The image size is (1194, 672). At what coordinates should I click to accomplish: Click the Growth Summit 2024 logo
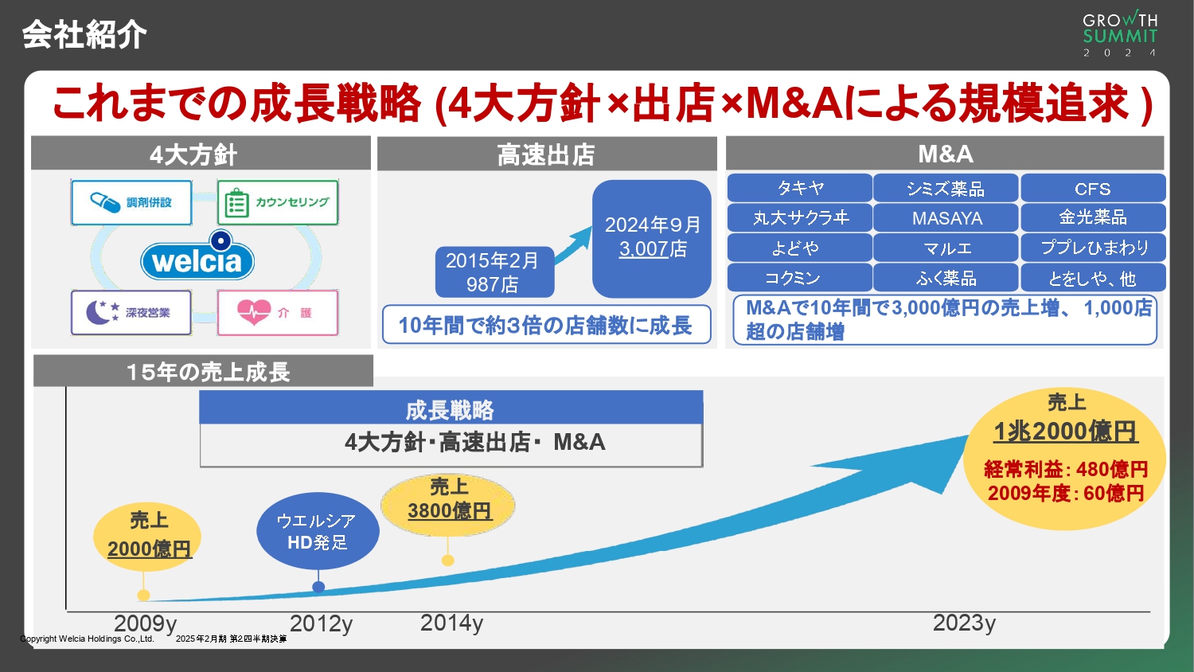point(1120,33)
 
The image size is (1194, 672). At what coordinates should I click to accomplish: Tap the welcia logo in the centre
point(197,260)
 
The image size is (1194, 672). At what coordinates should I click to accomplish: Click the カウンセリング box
point(278,202)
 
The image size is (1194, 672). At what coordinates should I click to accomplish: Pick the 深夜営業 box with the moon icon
point(131,312)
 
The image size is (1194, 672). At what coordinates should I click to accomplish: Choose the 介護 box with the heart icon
point(278,312)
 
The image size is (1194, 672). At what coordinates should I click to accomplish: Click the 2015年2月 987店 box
point(494,272)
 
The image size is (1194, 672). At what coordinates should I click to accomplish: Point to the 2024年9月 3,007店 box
point(652,238)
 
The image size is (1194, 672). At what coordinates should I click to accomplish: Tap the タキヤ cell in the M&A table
point(800,188)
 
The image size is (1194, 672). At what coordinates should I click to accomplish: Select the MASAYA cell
point(946,217)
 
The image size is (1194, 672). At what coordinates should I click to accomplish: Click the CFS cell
point(1092,189)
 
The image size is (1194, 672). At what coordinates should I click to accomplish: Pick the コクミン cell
point(800,278)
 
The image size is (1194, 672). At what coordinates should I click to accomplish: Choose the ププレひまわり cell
point(1093,248)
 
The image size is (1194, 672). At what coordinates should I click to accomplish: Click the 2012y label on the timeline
point(321,623)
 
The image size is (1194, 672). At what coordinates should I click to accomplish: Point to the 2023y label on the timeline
point(964,623)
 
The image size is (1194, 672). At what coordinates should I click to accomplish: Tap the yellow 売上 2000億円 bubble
point(148,536)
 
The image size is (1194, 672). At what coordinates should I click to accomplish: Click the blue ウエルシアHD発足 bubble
point(317,531)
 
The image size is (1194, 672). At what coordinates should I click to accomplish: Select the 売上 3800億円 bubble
point(449,500)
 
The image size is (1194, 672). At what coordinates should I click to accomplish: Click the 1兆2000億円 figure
point(1065,432)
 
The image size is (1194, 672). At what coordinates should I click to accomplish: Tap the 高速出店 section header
point(546,154)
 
